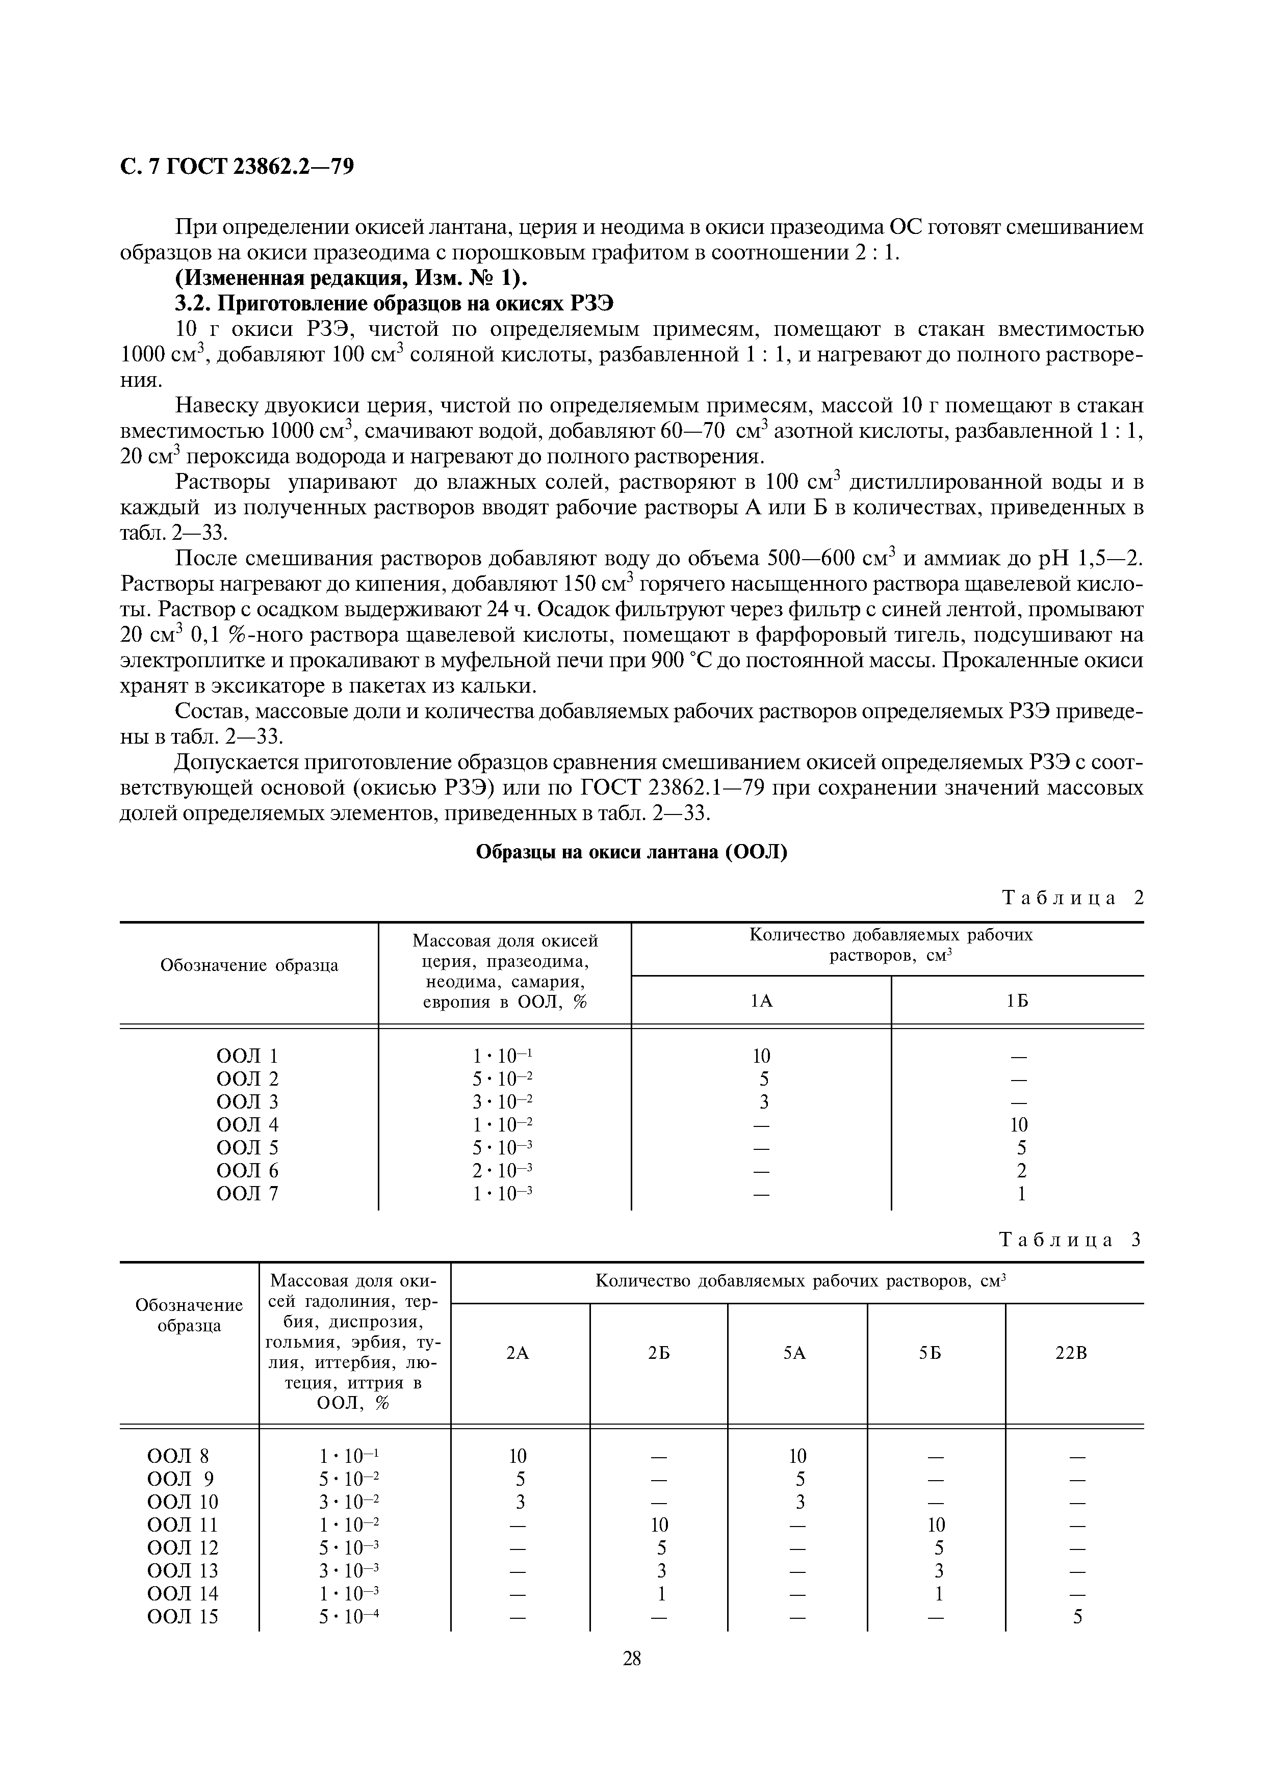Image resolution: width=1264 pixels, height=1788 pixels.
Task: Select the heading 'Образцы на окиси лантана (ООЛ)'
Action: tap(632, 852)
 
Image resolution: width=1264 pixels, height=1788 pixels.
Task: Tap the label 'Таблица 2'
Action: tap(1072, 898)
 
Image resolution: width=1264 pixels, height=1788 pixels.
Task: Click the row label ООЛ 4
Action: tap(247, 1124)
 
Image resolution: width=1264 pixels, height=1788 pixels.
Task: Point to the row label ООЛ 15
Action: tap(183, 1617)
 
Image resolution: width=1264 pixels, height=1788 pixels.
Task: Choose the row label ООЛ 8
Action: tap(178, 1456)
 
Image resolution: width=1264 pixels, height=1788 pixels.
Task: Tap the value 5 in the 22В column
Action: tap(1078, 1617)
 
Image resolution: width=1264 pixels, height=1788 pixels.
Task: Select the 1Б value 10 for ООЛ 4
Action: tap(1018, 1124)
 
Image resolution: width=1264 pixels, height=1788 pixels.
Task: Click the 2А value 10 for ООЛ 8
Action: tap(518, 1456)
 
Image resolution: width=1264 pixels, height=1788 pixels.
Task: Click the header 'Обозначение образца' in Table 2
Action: tap(249, 966)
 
